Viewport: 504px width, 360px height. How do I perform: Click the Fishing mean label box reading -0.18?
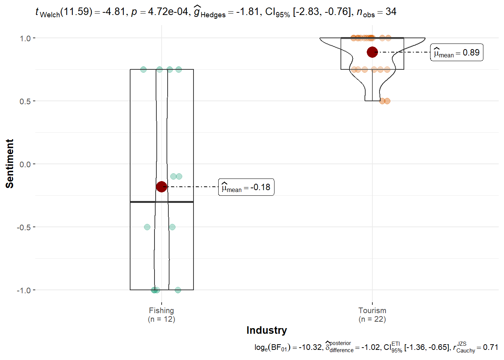(x=246, y=187)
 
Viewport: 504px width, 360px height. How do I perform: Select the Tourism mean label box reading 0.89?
(x=456, y=52)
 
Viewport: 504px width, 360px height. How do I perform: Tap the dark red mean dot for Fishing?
(x=161, y=186)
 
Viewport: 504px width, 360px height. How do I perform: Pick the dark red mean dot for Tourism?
(x=372, y=52)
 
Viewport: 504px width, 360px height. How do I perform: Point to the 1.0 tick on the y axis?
(x=34, y=38)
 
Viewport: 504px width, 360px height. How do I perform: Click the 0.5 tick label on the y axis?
(x=25, y=101)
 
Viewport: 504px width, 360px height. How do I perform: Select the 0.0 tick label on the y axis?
(x=25, y=164)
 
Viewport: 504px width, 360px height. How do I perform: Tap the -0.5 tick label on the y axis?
(x=24, y=227)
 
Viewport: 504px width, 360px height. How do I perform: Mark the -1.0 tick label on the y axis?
(x=24, y=290)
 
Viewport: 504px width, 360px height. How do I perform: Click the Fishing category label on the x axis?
(x=161, y=310)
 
